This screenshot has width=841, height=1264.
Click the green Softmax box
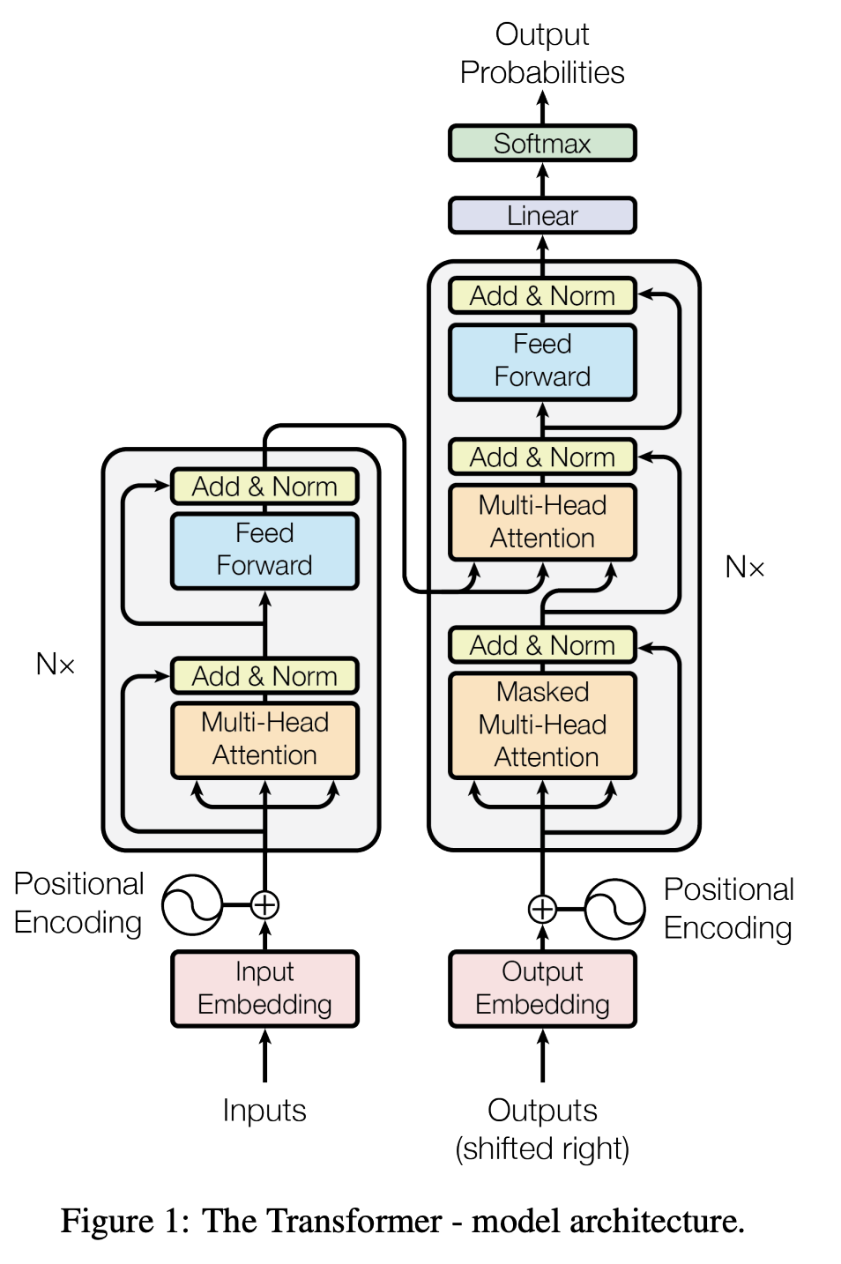pos(542,143)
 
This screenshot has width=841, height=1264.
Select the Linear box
pos(542,215)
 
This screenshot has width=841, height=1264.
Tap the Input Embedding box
pos(264,988)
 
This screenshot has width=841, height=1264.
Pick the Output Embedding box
pos(542,988)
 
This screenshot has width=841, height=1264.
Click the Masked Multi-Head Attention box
pos(542,725)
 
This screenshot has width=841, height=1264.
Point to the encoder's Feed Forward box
pos(264,550)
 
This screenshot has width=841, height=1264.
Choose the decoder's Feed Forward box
pos(542,361)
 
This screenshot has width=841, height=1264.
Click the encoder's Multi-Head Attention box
pos(264,740)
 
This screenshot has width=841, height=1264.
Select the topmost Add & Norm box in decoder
pos(542,296)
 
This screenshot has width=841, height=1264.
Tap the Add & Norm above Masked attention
pos(542,645)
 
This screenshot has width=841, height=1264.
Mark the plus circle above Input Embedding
pos(264,904)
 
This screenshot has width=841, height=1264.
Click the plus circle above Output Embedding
pos(542,909)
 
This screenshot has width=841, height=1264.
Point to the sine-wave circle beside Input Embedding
pos(192,904)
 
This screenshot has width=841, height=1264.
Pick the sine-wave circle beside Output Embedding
pos(614,909)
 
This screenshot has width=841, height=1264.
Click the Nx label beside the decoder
pos(744,567)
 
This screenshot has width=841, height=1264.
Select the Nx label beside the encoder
pos(55,664)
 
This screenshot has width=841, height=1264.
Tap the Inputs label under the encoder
pos(264,1111)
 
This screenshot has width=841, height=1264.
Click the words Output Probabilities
pos(542,53)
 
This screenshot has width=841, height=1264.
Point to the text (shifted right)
pos(542,1149)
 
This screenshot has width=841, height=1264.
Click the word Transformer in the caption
pos(354,1222)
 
